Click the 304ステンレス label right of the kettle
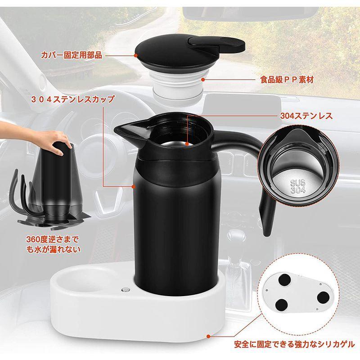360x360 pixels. click(x=306, y=116)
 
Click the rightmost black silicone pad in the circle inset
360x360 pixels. click(x=325, y=297)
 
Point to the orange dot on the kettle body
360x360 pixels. click(x=134, y=186)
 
